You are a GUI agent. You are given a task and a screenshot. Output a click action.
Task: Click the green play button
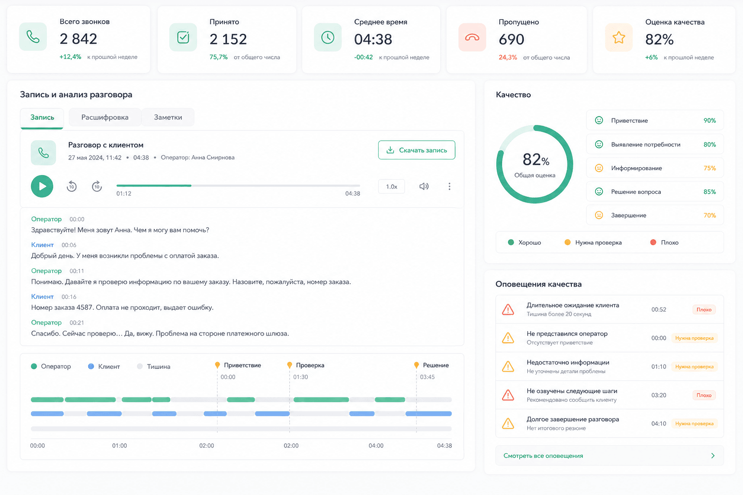click(x=42, y=186)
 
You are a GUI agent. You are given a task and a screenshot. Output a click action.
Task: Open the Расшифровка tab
click(x=105, y=117)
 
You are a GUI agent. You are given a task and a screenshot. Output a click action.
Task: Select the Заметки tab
click(x=168, y=117)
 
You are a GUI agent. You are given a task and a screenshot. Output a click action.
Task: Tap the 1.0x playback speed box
click(x=391, y=187)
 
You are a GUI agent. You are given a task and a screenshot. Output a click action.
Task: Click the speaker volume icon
click(x=424, y=186)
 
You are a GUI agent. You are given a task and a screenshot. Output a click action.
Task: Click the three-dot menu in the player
click(x=449, y=186)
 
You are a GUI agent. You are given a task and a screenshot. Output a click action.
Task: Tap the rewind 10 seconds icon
click(x=72, y=186)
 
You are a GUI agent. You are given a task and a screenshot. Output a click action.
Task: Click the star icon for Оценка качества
click(x=619, y=38)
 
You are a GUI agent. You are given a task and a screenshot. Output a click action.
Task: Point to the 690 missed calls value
click(x=511, y=40)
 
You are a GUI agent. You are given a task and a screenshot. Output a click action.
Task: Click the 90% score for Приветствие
click(x=710, y=120)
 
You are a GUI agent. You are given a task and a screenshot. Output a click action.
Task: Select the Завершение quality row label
click(x=628, y=215)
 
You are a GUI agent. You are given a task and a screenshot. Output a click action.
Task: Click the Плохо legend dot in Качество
click(x=653, y=242)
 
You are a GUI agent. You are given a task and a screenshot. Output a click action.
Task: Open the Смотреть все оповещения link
click(x=543, y=455)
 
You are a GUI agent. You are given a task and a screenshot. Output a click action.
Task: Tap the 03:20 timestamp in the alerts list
click(x=658, y=395)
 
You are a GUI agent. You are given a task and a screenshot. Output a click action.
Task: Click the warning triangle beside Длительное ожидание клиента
click(x=508, y=310)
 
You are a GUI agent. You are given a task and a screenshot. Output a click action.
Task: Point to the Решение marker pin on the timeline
click(x=416, y=365)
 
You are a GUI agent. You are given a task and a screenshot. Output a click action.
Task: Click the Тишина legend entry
click(x=153, y=366)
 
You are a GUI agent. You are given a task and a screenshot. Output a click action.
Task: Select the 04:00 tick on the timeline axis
click(x=376, y=446)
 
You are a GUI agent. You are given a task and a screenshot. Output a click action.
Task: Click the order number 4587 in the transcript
click(x=84, y=307)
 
